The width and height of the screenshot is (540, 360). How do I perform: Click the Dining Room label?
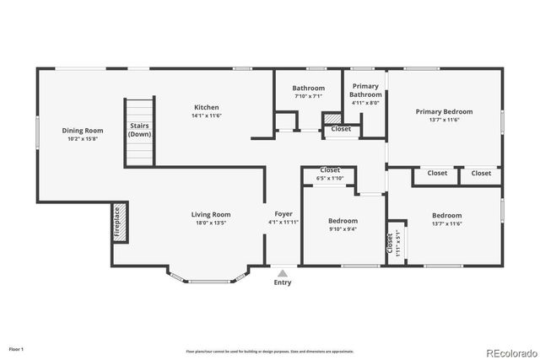click(x=82, y=131)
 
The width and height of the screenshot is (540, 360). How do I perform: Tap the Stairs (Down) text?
click(x=140, y=131)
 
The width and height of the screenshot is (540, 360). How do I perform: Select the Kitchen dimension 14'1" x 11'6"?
click(x=207, y=116)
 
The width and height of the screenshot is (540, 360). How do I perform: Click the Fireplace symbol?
click(x=119, y=222)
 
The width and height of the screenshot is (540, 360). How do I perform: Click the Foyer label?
click(x=283, y=215)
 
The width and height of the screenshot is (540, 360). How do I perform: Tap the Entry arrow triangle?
click(x=283, y=273)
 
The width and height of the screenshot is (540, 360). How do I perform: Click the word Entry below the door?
click(x=283, y=282)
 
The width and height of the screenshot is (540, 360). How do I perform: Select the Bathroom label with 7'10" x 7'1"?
click(x=309, y=88)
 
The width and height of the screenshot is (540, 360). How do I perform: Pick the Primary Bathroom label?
click(x=365, y=90)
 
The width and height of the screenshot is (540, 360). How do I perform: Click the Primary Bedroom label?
click(x=444, y=111)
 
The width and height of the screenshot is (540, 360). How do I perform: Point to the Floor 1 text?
click(x=17, y=348)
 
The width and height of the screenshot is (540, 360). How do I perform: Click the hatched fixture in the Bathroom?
click(x=332, y=119)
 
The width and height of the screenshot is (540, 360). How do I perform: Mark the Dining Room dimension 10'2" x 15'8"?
click(x=82, y=140)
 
